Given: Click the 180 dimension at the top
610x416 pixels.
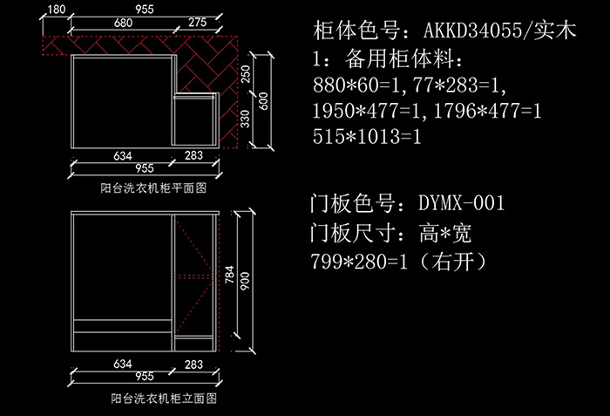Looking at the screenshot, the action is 57,9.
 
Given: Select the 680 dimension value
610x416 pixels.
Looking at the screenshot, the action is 124,23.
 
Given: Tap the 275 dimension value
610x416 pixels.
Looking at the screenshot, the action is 198,22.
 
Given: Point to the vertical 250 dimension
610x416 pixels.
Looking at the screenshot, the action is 246,74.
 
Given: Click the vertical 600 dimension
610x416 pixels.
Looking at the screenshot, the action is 263,101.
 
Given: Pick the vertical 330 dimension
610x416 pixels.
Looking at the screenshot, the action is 245,119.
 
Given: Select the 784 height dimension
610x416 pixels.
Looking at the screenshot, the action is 229,275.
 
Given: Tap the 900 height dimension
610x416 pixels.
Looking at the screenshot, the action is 245,281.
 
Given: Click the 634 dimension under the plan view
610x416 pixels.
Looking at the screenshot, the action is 123,156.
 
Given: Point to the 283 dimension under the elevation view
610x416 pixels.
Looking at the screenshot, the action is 193,365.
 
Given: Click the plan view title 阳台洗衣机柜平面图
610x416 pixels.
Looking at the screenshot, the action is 153,188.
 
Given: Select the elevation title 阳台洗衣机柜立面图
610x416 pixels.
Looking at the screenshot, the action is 164,398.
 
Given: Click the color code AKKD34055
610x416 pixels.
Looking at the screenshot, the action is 472,31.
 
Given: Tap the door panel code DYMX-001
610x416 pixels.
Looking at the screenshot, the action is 461,202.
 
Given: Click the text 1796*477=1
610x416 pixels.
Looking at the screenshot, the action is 487,111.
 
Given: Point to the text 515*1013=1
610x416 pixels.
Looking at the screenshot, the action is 367,136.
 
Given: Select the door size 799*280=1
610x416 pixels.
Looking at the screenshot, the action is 359,261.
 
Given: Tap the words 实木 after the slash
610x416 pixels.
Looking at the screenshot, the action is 555,30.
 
